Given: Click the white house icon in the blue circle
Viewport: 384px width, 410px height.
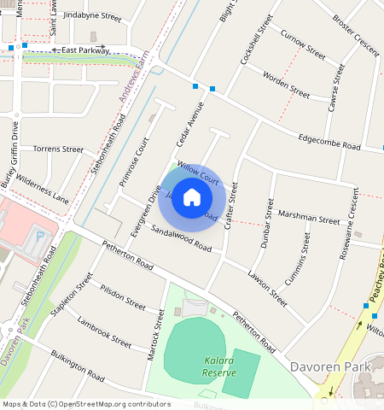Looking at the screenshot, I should point(192,197).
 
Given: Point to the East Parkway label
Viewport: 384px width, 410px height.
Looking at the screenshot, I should point(80,50).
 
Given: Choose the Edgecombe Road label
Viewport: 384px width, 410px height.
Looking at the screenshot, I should point(329,141).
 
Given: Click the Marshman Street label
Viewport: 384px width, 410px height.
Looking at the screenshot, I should point(308,219).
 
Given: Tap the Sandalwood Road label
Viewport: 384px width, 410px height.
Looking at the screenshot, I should point(180,238).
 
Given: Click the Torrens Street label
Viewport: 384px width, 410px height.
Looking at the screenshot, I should point(57,149).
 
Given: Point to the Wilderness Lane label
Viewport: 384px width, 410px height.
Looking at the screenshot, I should point(39,188).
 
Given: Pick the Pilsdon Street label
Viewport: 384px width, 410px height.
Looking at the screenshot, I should point(122,296).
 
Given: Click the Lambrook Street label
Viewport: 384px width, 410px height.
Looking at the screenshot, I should point(103,332).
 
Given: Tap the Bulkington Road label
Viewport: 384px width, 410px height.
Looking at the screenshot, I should point(76,368).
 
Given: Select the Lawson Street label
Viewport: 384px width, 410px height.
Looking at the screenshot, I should point(267,286).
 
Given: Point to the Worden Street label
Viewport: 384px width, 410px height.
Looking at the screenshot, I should point(286,85).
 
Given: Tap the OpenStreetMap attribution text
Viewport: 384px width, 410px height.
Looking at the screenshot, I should point(85,404).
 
